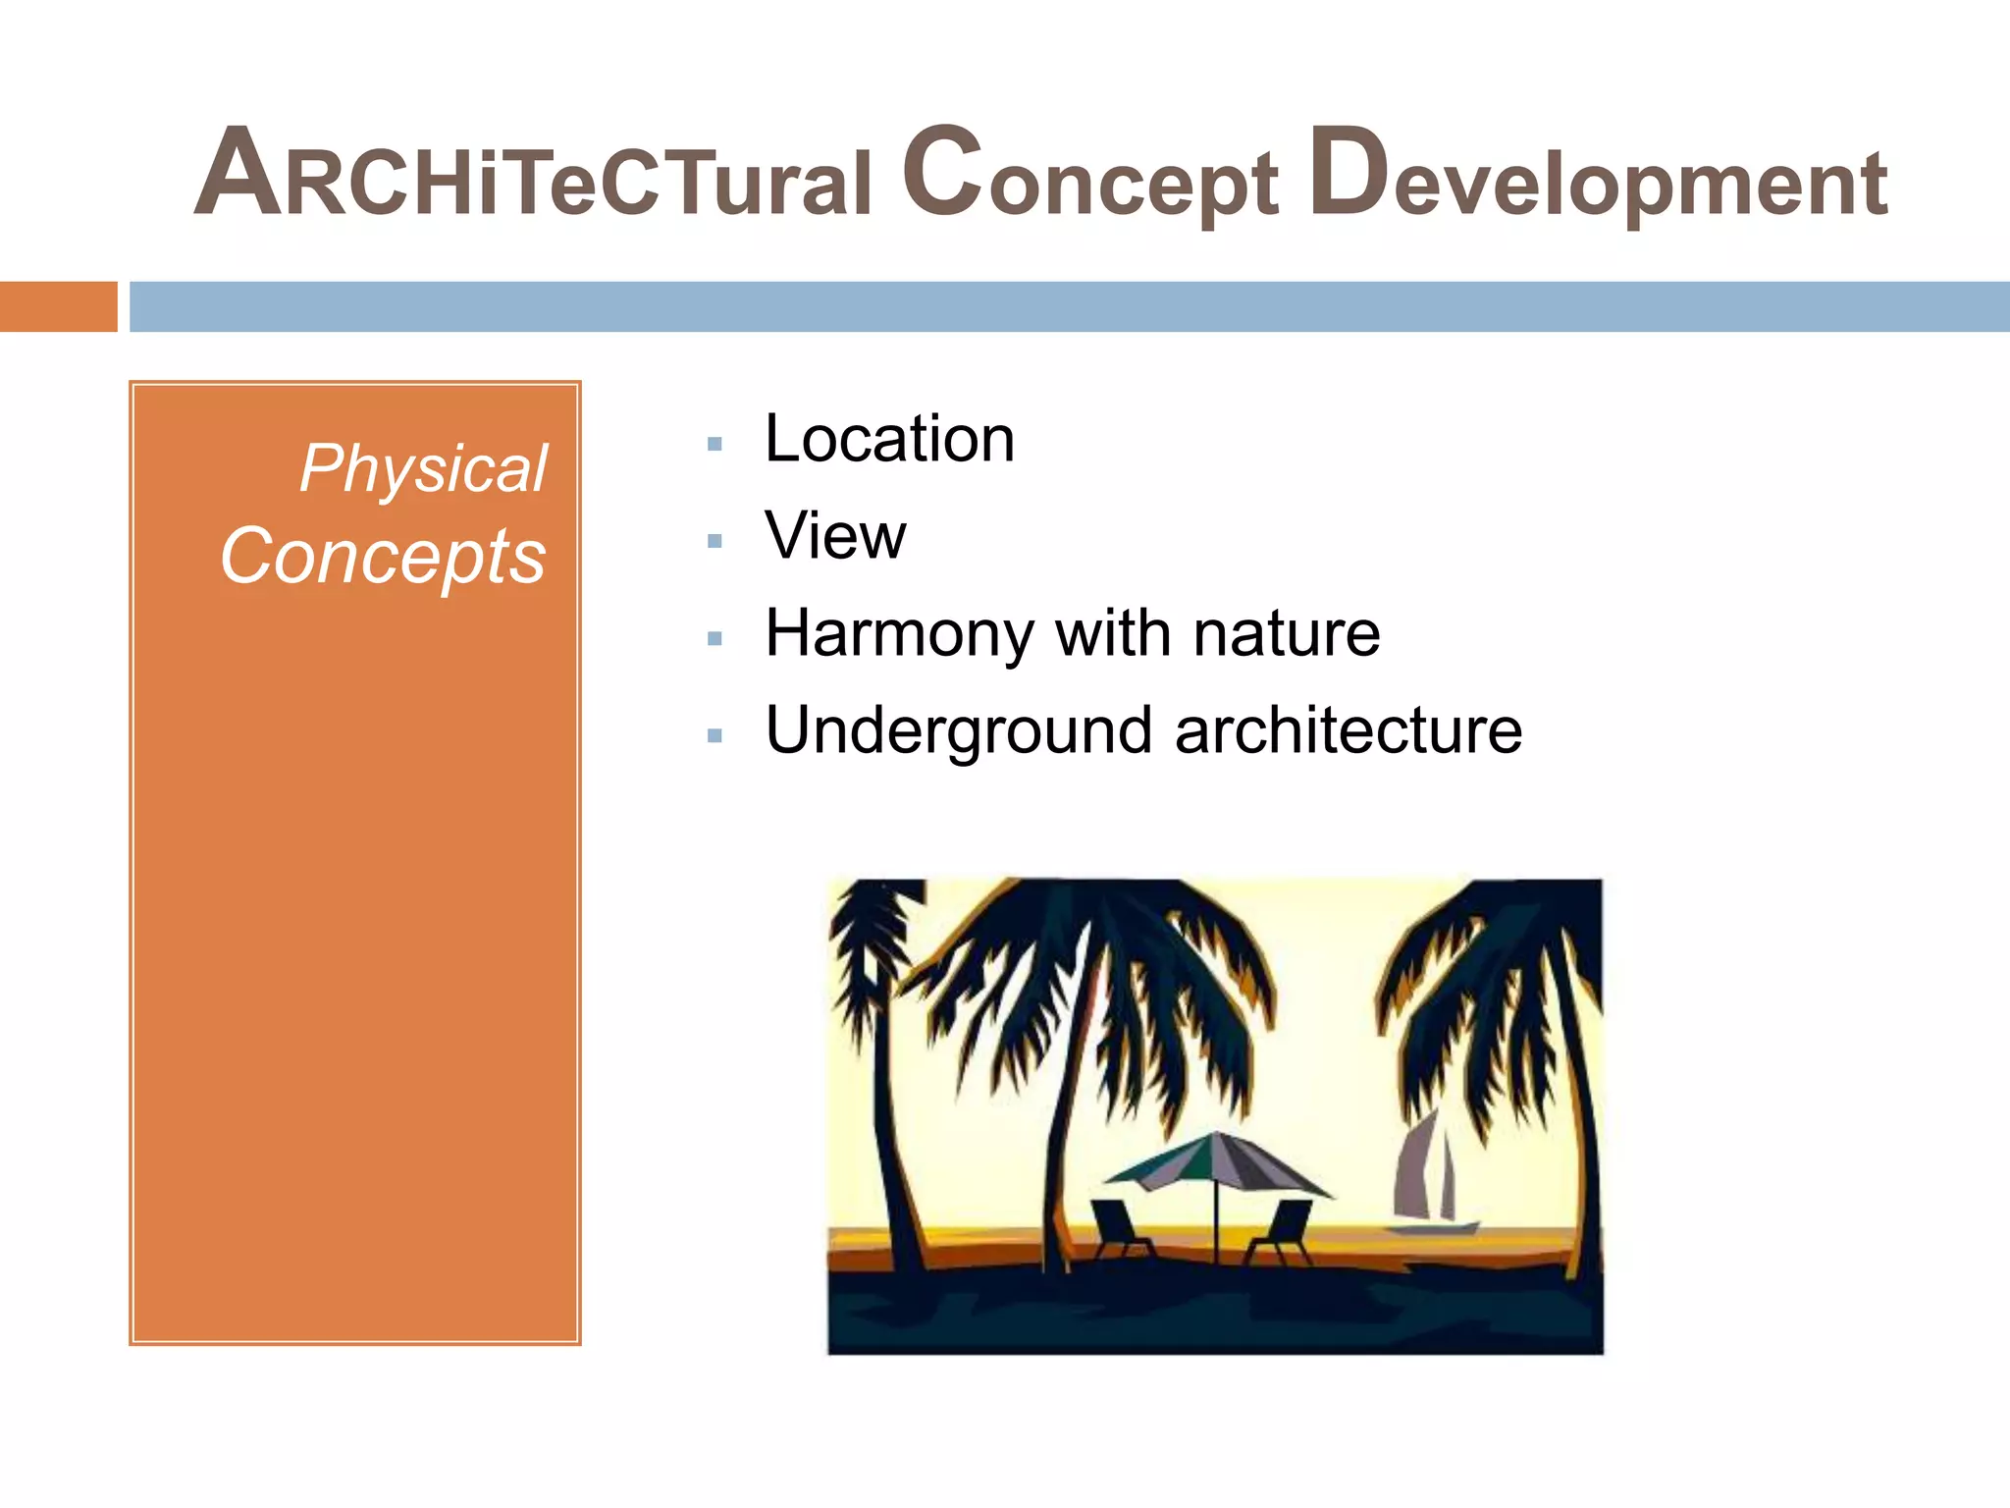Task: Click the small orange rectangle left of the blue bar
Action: (58, 306)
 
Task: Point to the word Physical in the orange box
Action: (423, 468)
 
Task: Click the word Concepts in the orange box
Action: (383, 557)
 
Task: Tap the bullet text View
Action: (835, 536)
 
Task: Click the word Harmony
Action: (899, 633)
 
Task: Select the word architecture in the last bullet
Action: (1348, 730)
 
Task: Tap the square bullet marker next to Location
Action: (714, 444)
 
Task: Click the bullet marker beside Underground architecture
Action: (714, 735)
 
